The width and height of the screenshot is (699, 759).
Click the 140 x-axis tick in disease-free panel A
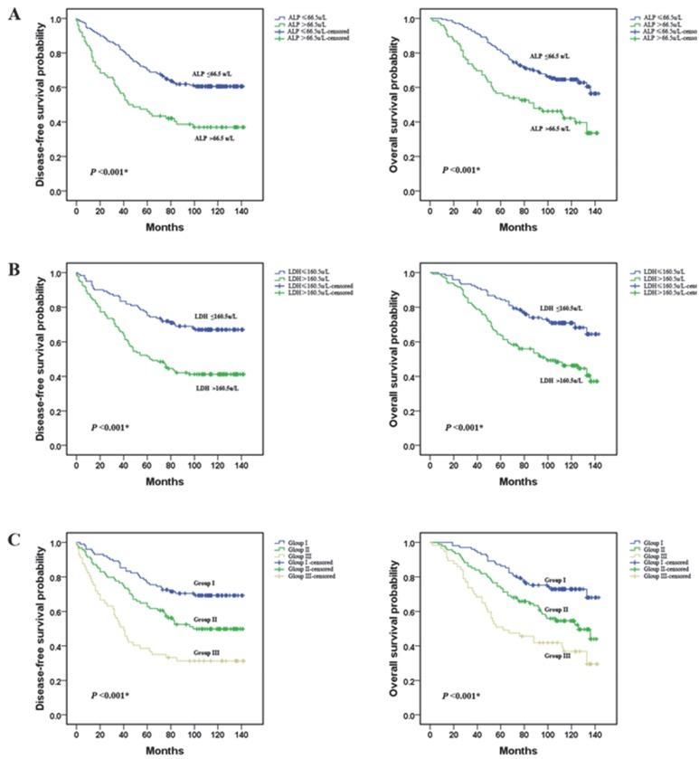tap(241, 210)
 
